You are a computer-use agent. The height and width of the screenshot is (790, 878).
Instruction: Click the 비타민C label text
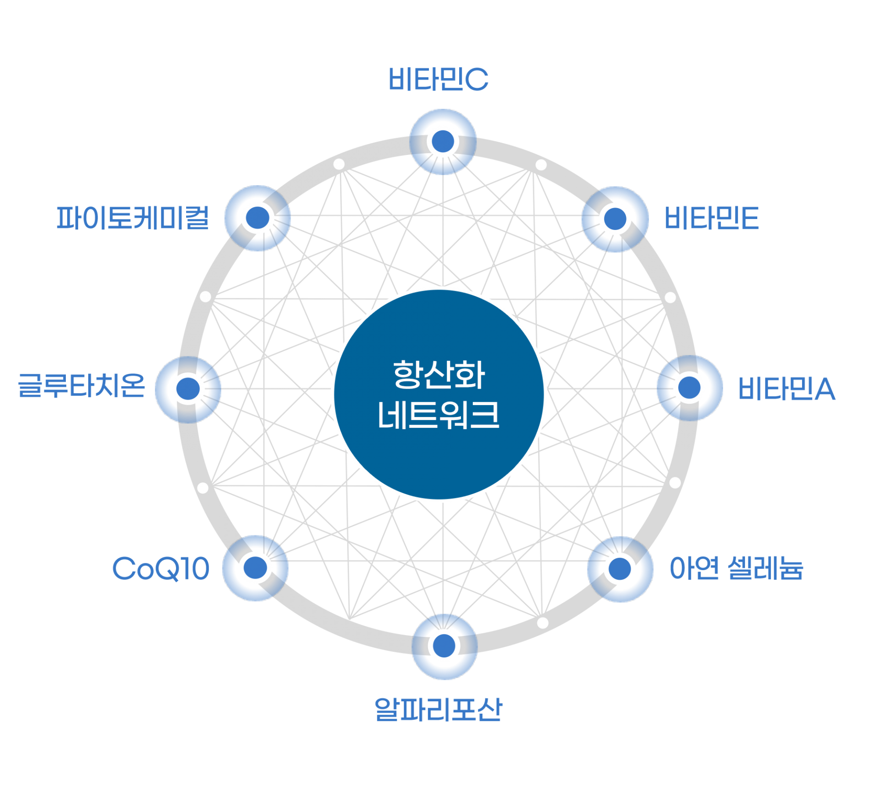(438, 79)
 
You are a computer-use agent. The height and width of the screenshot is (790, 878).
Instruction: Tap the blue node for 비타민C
(443, 141)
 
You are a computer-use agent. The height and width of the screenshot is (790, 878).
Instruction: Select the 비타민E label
(711, 218)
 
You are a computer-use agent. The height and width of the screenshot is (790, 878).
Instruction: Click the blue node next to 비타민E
(615, 219)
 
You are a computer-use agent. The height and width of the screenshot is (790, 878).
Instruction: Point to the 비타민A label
(787, 389)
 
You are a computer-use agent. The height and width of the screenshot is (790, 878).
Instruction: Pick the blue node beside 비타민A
(689, 388)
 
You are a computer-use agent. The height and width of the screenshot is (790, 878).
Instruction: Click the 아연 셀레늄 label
(736, 568)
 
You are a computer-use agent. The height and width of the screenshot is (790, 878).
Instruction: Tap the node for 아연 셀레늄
(620, 568)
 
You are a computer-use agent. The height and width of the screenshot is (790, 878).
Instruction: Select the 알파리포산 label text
(438, 710)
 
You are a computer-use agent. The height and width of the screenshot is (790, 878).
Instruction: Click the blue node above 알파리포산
(444, 646)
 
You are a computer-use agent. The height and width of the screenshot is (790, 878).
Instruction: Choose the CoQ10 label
(161, 569)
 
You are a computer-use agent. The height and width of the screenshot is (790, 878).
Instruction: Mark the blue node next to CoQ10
(256, 567)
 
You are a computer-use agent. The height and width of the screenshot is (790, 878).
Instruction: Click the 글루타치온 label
(81, 385)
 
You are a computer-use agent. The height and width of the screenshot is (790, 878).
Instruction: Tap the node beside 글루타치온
(188, 388)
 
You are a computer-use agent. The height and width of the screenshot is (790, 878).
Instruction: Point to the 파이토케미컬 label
(133, 218)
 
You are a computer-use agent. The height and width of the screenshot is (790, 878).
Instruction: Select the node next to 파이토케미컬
(258, 218)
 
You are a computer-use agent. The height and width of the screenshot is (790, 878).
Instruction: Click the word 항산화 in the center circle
(439, 375)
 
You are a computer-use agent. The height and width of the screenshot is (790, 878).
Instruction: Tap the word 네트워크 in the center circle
(439, 415)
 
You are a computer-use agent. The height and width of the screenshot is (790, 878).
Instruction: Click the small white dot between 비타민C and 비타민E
(541, 165)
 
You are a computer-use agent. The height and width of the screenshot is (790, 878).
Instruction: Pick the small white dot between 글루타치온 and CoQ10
(203, 488)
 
